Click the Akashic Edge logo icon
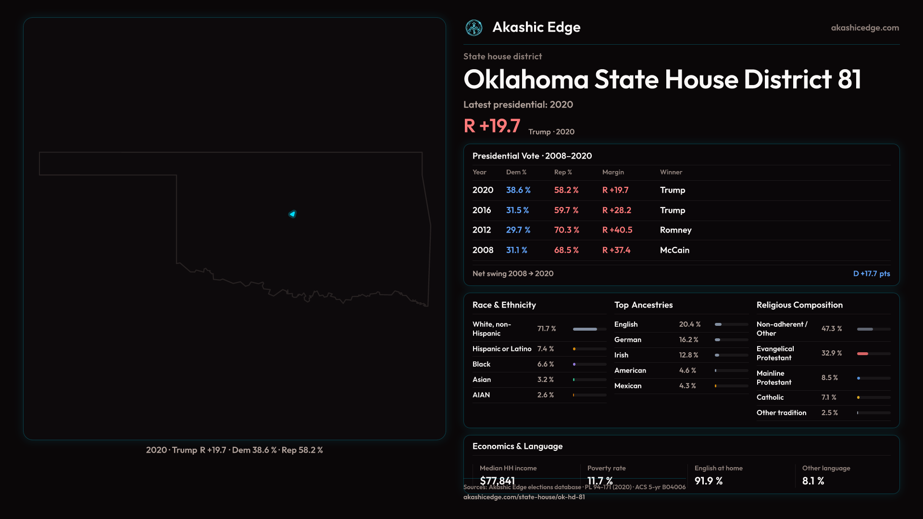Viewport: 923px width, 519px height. pyautogui.click(x=474, y=28)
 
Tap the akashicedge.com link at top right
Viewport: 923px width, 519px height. pyautogui.click(x=865, y=28)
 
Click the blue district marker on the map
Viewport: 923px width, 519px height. pyautogui.click(x=292, y=214)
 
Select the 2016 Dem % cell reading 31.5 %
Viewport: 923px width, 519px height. pyautogui.click(x=517, y=210)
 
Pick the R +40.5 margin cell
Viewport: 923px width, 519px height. pyautogui.click(x=617, y=230)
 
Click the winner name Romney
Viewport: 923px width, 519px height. pyautogui.click(x=675, y=230)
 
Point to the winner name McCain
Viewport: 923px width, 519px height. pyautogui.click(x=674, y=250)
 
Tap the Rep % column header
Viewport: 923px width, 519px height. pyautogui.click(x=563, y=172)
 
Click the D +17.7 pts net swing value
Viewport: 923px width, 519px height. pyautogui.click(x=871, y=273)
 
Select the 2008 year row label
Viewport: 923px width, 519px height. pyautogui.click(x=483, y=250)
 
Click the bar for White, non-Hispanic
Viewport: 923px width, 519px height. pyautogui.click(x=585, y=329)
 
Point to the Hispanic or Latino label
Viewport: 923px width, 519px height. pyautogui.click(x=501, y=349)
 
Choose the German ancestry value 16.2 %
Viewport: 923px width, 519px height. pyautogui.click(x=688, y=340)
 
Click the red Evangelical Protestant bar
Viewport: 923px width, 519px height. pyautogui.click(x=862, y=354)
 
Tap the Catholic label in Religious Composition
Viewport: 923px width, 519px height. pyautogui.click(x=770, y=397)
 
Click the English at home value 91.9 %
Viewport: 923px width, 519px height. pyautogui.click(x=708, y=481)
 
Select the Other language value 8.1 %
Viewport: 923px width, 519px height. pyautogui.click(x=813, y=481)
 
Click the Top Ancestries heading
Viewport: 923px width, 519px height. pyautogui.click(x=643, y=305)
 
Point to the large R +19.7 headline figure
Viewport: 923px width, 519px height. pyautogui.click(x=492, y=126)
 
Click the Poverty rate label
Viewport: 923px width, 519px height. pyautogui.click(x=606, y=468)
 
